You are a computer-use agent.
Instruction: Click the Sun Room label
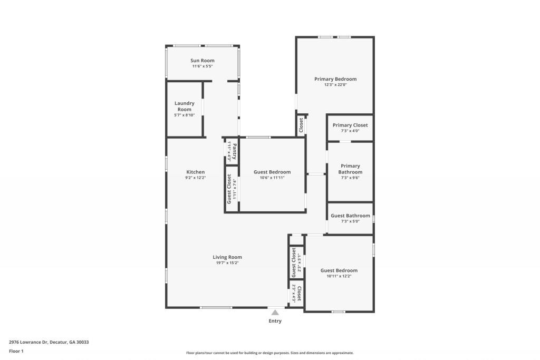[x=202, y=61]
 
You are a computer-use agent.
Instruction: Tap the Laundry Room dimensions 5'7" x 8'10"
[x=185, y=115]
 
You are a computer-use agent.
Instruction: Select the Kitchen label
[x=196, y=172]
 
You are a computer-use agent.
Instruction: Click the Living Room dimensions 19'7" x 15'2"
[x=227, y=263]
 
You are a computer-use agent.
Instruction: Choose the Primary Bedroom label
[x=335, y=79]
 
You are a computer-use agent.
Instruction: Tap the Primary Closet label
[x=350, y=125]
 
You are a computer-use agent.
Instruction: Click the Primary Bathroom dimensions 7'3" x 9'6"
[x=350, y=178]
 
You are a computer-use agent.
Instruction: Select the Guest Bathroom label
[x=350, y=216]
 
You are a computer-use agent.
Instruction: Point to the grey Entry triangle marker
[x=275, y=313]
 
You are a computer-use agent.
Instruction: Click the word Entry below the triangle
[x=275, y=321]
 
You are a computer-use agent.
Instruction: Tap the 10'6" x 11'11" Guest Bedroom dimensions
[x=272, y=178]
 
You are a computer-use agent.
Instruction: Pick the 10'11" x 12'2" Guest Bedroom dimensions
[x=339, y=276]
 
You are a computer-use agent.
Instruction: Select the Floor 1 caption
[x=16, y=352]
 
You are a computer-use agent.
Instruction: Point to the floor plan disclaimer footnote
[x=270, y=353]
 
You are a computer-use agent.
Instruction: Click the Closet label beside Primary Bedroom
[x=301, y=125]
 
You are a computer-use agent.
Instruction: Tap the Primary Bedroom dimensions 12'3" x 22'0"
[x=335, y=85]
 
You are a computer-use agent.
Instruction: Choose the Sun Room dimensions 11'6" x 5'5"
[x=202, y=66]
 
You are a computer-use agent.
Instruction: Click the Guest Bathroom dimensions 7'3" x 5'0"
[x=350, y=221]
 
